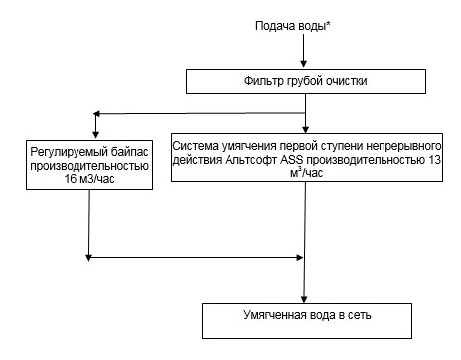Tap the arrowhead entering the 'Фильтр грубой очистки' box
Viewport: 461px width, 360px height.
click(x=305, y=66)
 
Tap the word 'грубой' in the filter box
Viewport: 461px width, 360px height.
click(x=307, y=81)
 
